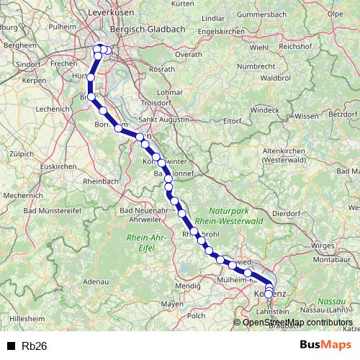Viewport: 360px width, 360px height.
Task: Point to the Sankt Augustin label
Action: tap(163, 120)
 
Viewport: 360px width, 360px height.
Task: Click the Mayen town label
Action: tap(172, 304)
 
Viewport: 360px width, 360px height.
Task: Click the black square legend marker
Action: tap(11, 346)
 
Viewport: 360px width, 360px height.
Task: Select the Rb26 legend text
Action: tap(35, 346)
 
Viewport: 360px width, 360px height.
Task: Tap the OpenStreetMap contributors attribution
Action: tap(297, 322)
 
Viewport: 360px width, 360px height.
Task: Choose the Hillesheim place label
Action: tap(27, 317)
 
